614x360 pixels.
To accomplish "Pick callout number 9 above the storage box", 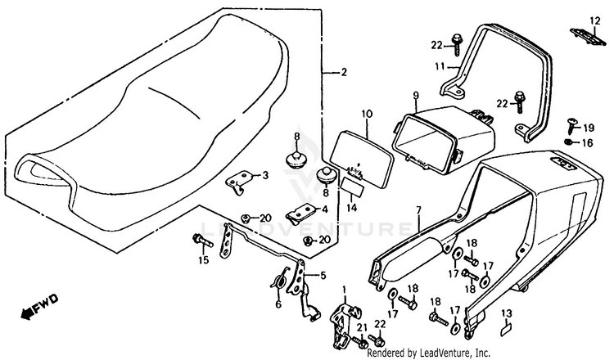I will (415, 95).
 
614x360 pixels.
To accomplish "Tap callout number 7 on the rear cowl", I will (418, 210).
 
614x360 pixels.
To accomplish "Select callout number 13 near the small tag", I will (505, 313).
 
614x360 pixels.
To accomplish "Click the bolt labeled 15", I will (198, 240).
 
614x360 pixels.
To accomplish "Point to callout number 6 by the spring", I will (278, 304).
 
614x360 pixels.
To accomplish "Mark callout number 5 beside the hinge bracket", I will (323, 276).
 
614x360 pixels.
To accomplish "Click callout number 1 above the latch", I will (344, 290).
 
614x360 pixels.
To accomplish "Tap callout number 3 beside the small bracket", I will (264, 174).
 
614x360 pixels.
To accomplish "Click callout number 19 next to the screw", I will (589, 128).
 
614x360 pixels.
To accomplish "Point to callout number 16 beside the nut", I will (589, 142).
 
